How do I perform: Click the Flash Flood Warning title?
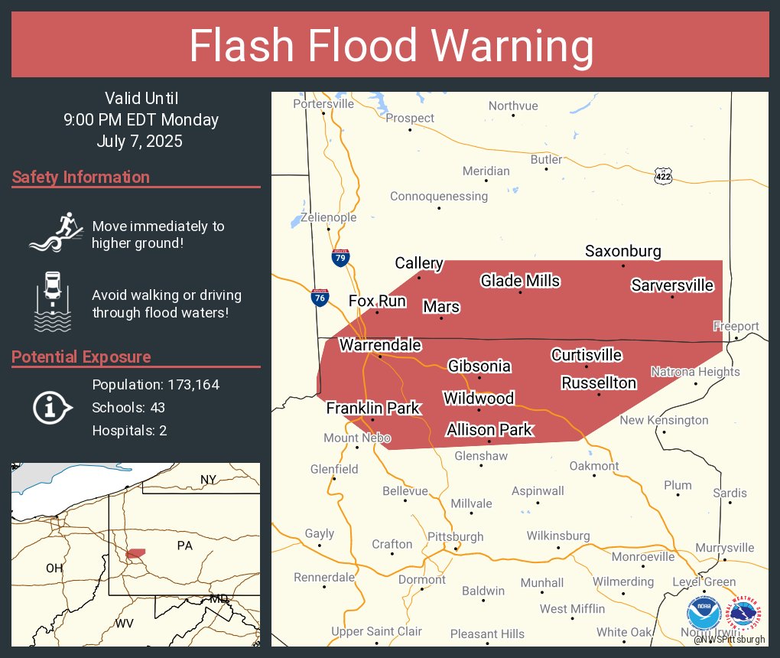391,46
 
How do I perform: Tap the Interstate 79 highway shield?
341,258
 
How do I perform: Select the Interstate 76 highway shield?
320,298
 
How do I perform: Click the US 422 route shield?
663,176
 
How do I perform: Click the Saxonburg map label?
622,251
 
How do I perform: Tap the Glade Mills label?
520,281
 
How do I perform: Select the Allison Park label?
489,430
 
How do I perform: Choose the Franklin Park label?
372,408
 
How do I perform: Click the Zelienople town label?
328,217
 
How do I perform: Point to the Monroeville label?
642,556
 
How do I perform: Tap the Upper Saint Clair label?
376,631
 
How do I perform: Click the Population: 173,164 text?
155,384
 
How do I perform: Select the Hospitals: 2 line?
129,430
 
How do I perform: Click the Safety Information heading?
81,178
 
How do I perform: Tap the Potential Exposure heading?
81,357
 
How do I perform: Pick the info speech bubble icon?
52,407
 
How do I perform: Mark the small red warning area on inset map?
135,552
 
